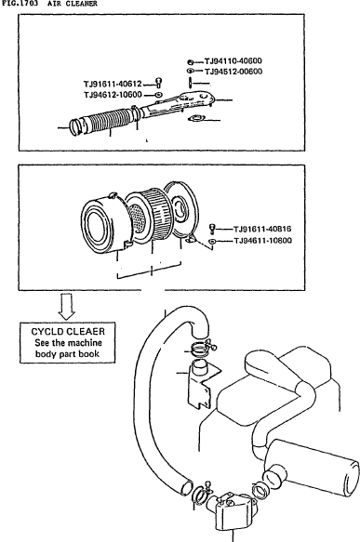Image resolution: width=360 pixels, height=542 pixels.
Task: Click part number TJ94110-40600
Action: pos(233,61)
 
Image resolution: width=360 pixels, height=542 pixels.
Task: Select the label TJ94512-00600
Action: pos(233,72)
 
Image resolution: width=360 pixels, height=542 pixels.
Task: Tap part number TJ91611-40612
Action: pos(113,84)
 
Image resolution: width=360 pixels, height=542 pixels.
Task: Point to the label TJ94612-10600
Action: pos(113,95)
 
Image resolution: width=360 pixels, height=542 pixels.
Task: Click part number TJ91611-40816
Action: pos(262,229)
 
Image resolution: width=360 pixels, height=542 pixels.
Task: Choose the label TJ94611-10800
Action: pos(263,241)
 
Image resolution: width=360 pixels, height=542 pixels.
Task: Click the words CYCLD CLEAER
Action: pos(68,332)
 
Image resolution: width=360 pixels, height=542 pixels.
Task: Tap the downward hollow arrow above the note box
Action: pos(66,306)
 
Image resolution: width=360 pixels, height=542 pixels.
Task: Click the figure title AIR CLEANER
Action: pos(73,4)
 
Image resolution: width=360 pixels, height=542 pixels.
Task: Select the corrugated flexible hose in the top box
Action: pos(105,120)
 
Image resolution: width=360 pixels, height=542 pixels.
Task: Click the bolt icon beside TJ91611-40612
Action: pos(159,83)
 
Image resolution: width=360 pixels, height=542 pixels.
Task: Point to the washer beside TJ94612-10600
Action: pos(158,95)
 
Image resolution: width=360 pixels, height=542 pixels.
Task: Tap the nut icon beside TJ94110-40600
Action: pos(190,62)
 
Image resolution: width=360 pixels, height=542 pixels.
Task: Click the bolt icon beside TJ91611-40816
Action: pos(212,229)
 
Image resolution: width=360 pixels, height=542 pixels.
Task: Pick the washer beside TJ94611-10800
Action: pos(212,241)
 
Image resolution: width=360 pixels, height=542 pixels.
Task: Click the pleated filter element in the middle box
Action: pos(155,215)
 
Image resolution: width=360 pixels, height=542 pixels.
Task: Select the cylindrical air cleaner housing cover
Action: pos(105,222)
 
